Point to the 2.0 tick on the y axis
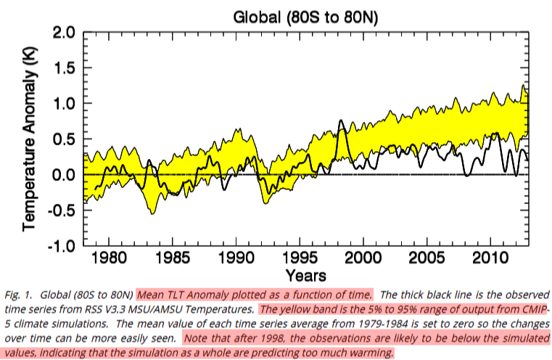61,33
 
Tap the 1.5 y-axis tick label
61,69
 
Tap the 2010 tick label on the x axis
491,260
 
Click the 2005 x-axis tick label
427,260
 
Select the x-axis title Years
305,276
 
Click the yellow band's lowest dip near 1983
153,213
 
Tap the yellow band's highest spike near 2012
523,86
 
